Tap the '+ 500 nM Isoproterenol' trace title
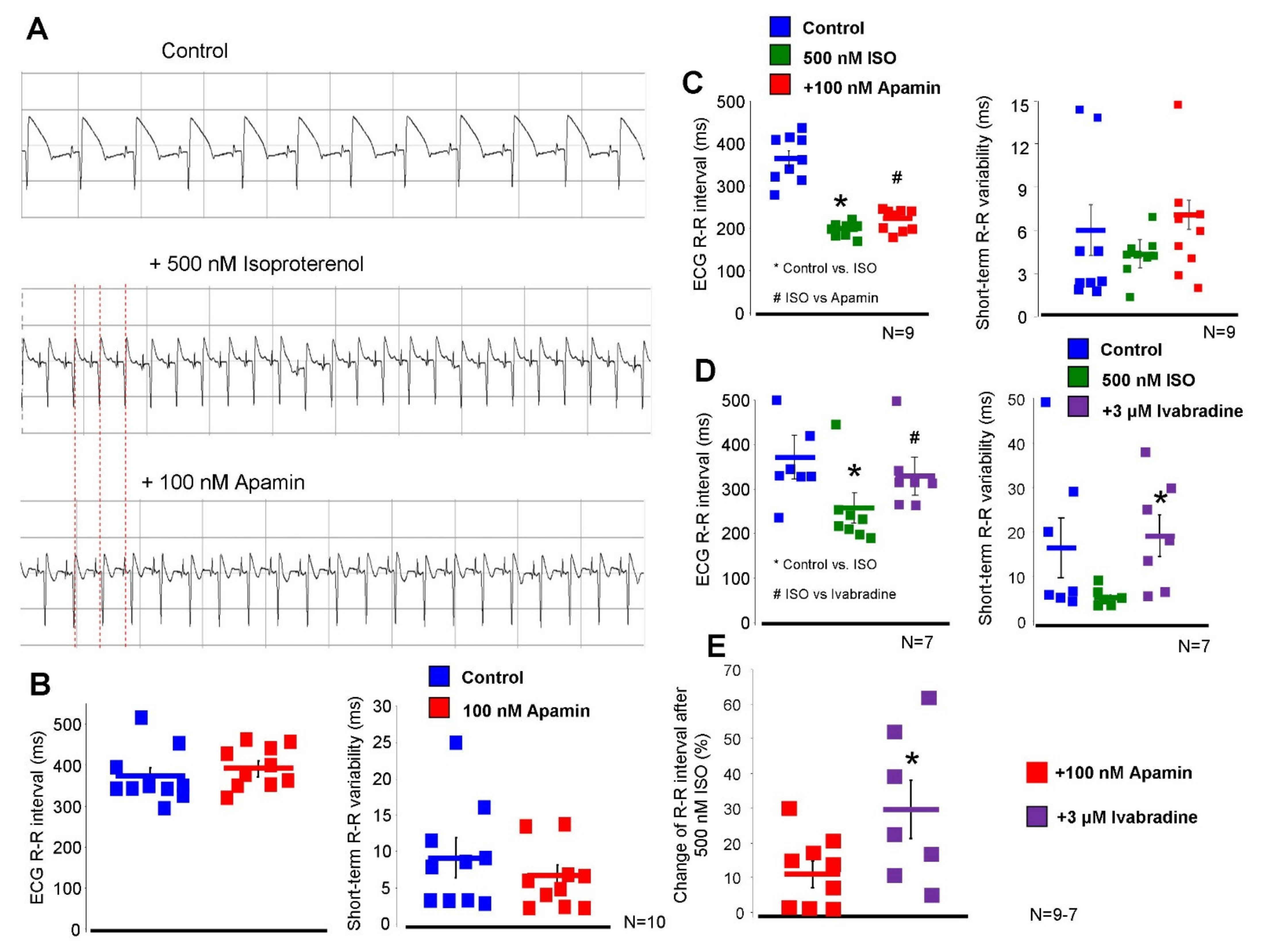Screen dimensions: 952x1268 click(x=256, y=265)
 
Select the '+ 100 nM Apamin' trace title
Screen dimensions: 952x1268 click(x=223, y=482)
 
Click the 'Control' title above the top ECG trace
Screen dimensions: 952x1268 click(x=194, y=51)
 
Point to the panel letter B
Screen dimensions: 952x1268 click(x=40, y=684)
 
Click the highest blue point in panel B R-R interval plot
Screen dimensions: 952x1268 click(x=141, y=717)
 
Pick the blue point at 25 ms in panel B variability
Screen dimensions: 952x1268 click(x=456, y=743)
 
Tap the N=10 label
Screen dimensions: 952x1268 click(x=644, y=922)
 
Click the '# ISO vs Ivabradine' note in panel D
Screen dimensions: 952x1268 click(x=834, y=594)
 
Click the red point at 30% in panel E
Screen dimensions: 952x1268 click(x=789, y=809)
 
